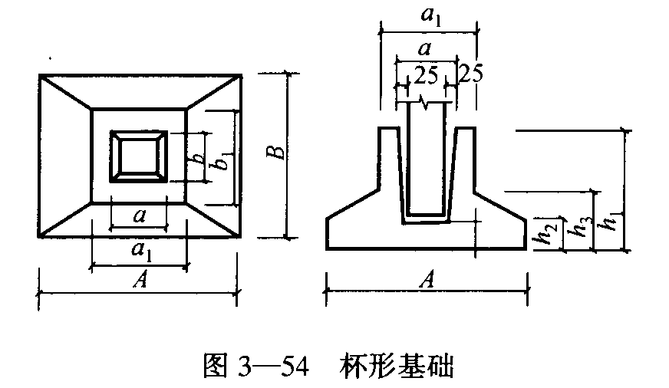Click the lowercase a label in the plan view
[x=140, y=215]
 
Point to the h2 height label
[x=545, y=233]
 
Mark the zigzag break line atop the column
[x=426, y=101]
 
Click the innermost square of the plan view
[x=139, y=157]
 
